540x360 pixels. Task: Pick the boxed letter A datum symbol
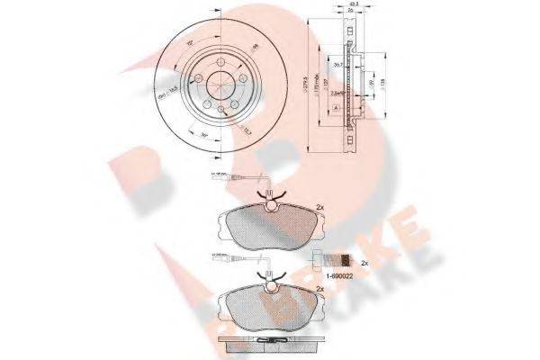(x=337, y=107)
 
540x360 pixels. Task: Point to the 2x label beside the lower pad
(x=320, y=288)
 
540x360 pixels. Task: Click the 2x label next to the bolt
(x=365, y=264)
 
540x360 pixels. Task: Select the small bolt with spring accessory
(x=334, y=263)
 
